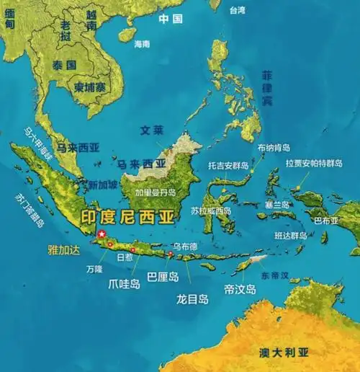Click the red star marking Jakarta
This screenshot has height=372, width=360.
tap(102, 234)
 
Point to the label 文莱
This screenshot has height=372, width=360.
tap(152, 131)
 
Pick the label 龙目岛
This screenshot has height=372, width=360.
tap(193, 298)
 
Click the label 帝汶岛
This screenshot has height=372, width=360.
tap(240, 289)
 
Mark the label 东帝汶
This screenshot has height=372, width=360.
tap(274, 275)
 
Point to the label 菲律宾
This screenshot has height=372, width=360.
tap(268, 89)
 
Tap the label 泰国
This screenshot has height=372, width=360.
tap(64, 65)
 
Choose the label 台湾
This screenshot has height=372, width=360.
tap(237, 11)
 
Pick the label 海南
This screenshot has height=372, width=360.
tap(142, 44)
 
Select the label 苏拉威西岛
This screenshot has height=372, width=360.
tap(211, 211)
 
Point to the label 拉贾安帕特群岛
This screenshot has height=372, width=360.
tap(313, 164)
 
